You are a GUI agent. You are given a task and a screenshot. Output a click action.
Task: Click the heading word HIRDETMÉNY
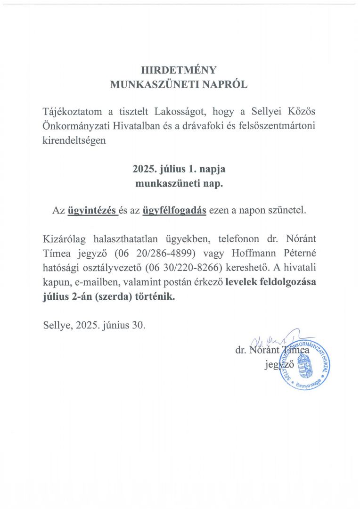click(x=179, y=70)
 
